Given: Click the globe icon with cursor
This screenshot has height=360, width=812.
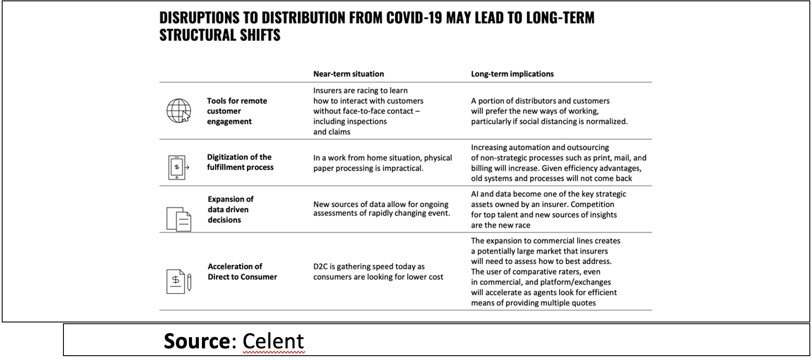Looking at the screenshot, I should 179,111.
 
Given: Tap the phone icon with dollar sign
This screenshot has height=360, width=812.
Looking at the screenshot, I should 177,167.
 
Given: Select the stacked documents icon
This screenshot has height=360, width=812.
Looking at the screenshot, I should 179,218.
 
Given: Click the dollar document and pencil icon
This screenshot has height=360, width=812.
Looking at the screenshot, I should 179,281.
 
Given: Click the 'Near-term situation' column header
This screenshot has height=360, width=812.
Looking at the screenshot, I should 348,74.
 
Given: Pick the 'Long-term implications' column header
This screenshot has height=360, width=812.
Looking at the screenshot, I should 512,74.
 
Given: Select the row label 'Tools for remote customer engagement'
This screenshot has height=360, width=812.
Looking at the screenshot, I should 237,111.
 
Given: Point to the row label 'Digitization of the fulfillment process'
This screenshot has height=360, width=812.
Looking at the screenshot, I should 240,162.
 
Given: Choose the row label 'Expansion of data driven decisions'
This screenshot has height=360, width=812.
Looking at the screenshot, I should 230,209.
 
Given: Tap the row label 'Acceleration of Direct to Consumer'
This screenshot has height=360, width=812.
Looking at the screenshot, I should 242,272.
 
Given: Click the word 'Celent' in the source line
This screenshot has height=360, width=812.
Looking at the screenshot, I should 273,341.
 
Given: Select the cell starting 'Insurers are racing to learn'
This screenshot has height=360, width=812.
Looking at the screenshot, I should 368,111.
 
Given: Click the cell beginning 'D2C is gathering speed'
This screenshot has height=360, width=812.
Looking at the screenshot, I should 378,272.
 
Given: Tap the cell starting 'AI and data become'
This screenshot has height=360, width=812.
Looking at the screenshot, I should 548,209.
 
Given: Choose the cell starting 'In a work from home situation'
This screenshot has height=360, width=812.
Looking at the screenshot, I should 382,163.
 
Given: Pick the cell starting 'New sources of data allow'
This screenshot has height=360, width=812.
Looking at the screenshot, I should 381,208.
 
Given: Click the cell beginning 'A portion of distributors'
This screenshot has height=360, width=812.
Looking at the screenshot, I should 549,111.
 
